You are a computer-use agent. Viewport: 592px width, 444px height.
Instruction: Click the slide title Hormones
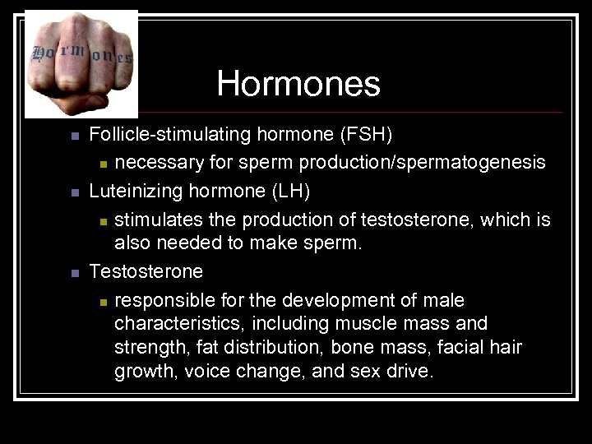pyautogui.click(x=298, y=83)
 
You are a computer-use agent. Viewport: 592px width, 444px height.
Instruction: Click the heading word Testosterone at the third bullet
pyautogui.click(x=146, y=271)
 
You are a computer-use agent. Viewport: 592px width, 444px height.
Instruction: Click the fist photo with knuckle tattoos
pyautogui.click(x=81, y=64)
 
